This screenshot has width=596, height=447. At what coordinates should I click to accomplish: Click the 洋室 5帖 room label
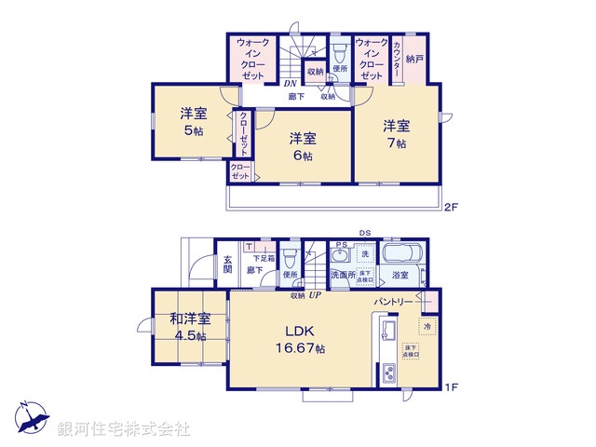pos(194,122)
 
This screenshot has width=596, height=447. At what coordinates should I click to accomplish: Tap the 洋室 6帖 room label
pos(302,146)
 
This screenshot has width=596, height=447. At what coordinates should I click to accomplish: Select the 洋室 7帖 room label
pos(396,133)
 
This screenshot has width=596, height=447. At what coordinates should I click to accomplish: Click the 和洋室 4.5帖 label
pos(190,327)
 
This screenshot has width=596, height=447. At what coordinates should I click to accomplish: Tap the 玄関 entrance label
pos(227,264)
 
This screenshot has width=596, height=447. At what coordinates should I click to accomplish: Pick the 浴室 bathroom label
pos(400,277)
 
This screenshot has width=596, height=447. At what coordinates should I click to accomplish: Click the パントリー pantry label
pos(394,303)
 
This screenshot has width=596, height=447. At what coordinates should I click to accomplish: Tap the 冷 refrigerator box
pos(426,327)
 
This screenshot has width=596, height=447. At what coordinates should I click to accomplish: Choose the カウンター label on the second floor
pos(398,60)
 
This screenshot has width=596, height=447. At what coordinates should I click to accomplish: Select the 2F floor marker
pos(450,207)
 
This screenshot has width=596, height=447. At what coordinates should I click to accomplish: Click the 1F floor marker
pos(450,387)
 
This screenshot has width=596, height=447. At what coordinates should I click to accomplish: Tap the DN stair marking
pos(290,83)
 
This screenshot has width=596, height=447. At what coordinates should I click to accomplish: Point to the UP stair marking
pos(315,295)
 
